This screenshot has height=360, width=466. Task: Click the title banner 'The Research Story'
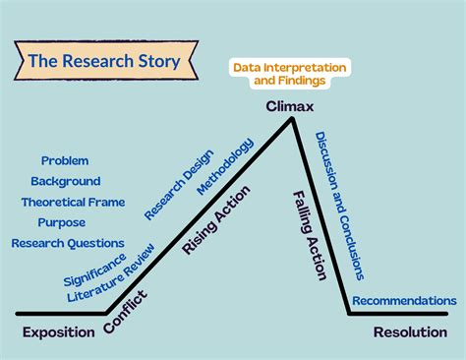click(104, 61)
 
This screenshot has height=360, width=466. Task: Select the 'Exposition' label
click(58, 331)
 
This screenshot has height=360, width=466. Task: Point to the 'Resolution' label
click(410, 331)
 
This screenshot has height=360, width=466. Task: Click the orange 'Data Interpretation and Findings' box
click(289, 74)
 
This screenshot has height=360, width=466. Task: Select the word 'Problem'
click(65, 160)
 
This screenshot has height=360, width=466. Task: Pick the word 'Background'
click(65, 181)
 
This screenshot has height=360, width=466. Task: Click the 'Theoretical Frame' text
click(73, 202)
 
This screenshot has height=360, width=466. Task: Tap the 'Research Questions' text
click(68, 243)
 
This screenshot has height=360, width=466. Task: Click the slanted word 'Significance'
click(94, 270)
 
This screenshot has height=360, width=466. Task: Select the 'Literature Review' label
click(110, 271)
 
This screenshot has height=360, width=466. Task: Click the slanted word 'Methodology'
click(225, 165)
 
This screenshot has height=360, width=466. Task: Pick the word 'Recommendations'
click(404, 300)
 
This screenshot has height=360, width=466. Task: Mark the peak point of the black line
click(292, 119)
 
